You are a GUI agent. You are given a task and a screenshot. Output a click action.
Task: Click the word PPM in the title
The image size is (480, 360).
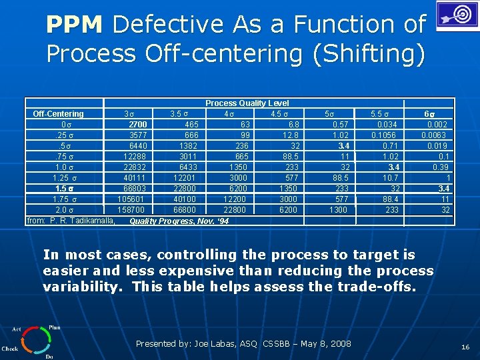point(74,25)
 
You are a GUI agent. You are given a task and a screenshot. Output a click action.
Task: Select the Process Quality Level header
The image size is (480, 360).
point(247,103)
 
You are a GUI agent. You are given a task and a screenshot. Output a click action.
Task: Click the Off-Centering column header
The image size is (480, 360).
point(59,114)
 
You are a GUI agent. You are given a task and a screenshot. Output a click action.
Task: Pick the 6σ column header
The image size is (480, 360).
point(433,114)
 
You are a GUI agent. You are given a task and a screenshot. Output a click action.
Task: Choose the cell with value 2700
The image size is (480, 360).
point(138,125)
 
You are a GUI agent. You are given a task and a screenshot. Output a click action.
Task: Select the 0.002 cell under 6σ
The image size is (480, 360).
point(437,125)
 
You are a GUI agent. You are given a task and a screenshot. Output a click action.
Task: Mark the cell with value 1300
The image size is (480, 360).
point(339,210)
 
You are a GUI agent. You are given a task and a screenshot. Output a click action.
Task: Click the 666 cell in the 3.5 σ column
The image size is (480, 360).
point(191,135)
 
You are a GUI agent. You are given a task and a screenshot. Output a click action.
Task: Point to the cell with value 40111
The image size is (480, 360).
point(135,178)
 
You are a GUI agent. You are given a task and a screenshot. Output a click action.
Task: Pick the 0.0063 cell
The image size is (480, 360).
point(435,135)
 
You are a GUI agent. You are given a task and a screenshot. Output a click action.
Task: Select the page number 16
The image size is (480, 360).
point(465,347)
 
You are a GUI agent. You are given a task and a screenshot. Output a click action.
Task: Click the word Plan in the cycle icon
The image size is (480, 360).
point(54,328)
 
